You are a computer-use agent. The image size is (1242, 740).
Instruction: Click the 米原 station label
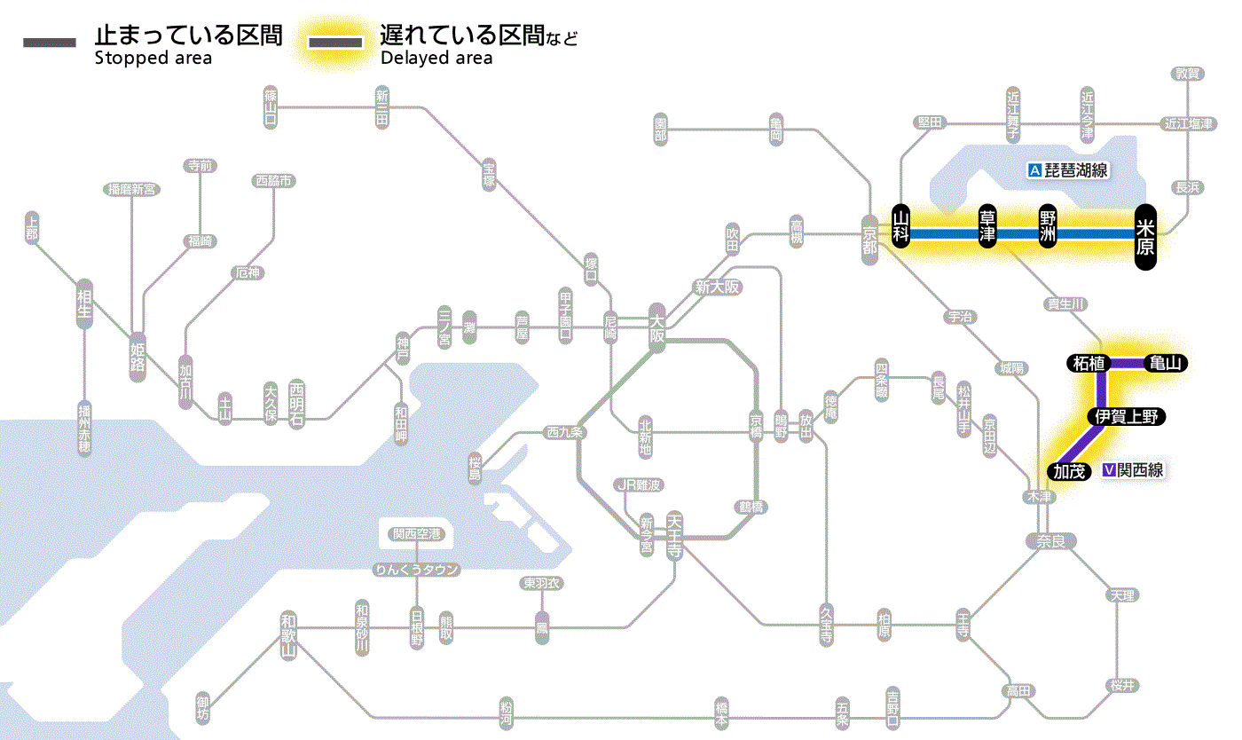click(x=1145, y=236)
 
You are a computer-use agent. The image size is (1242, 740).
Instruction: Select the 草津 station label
click(x=987, y=228)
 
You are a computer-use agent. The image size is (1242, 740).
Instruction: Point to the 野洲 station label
click(x=1049, y=228)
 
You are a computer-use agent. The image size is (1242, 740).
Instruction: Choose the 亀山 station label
click(x=1166, y=363)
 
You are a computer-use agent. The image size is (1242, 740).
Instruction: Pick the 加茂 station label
click(x=1070, y=471)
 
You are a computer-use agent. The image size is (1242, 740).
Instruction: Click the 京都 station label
click(x=869, y=238)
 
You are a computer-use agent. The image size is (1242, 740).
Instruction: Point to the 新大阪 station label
click(x=717, y=287)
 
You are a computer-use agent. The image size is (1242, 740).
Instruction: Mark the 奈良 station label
click(x=1049, y=540)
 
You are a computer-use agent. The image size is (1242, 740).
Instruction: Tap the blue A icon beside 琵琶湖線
click(x=1034, y=170)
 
